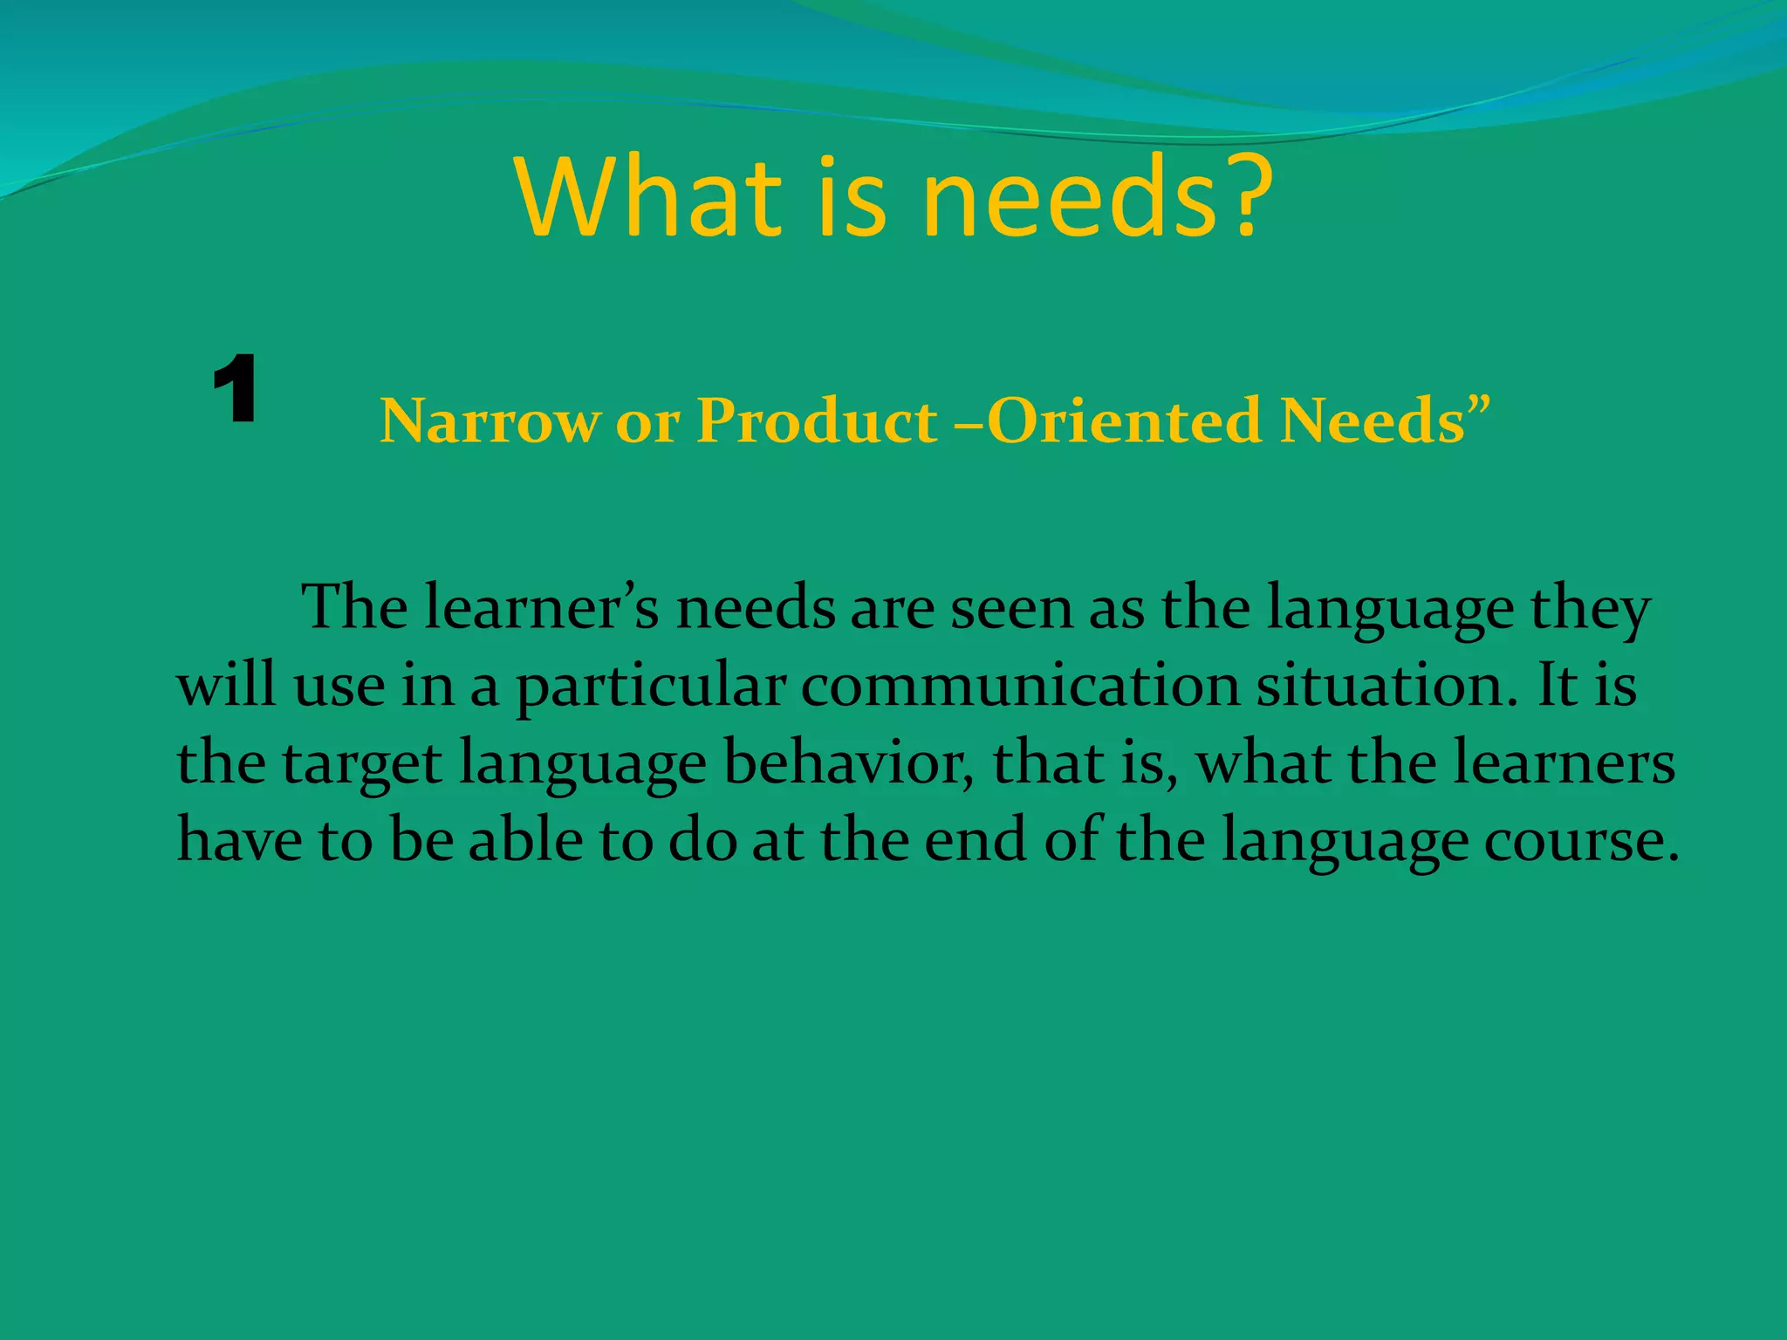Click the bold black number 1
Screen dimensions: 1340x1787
tap(234, 390)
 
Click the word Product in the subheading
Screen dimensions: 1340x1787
tap(816, 421)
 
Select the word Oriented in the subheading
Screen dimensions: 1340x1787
tap(1125, 421)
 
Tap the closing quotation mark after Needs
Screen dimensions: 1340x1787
tap(1478, 407)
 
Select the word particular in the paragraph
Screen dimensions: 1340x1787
tap(651, 687)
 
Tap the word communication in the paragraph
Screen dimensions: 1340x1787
tap(1020, 687)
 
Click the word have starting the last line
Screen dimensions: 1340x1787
tap(239, 840)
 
